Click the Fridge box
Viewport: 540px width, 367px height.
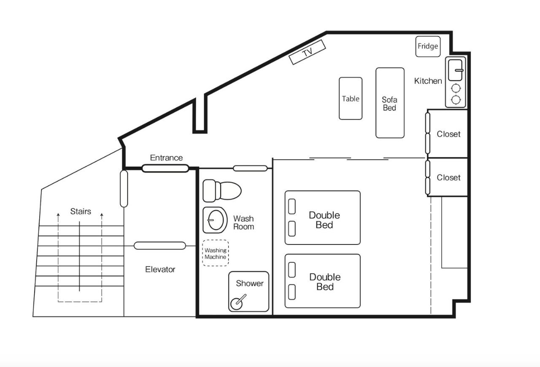pyautogui.click(x=428, y=46)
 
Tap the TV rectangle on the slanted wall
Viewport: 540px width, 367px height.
pyautogui.click(x=308, y=52)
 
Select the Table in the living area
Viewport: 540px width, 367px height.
pyautogui.click(x=351, y=99)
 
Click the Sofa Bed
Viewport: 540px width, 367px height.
pyautogui.click(x=390, y=103)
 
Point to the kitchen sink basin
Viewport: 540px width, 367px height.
pyautogui.click(x=455, y=70)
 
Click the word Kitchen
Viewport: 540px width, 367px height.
pyautogui.click(x=428, y=81)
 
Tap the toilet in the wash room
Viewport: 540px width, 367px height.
pyautogui.click(x=222, y=191)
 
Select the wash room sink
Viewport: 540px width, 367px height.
pyautogui.click(x=215, y=220)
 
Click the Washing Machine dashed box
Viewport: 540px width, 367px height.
pyautogui.click(x=215, y=253)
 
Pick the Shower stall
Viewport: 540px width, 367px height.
pyautogui.click(x=248, y=292)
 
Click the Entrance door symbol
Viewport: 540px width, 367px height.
pyautogui.click(x=165, y=168)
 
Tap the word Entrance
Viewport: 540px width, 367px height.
pyautogui.click(x=166, y=158)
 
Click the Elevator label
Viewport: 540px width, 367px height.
pyautogui.click(x=160, y=269)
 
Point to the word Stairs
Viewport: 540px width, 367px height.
pyautogui.click(x=81, y=212)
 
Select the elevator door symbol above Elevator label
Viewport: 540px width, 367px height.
pyautogui.click(x=160, y=246)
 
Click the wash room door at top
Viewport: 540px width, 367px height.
pyautogui.click(x=250, y=168)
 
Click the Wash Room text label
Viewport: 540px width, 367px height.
pyautogui.click(x=243, y=222)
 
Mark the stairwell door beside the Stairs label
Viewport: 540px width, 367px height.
pyautogui.click(x=124, y=189)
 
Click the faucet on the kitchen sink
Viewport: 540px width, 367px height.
pyautogui.click(x=459, y=70)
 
